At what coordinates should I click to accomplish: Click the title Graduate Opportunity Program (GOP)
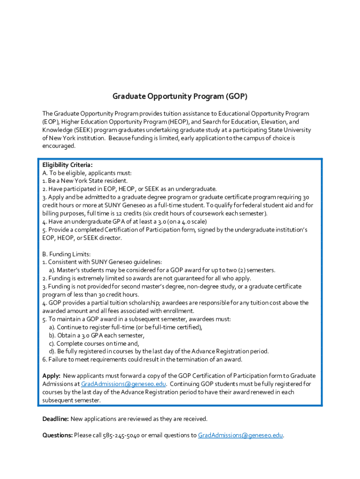point(180,97)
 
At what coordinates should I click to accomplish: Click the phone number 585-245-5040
point(122,435)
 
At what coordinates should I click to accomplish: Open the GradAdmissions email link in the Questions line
point(240,435)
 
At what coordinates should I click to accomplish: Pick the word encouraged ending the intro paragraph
point(58,146)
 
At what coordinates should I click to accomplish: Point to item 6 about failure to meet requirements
point(142,359)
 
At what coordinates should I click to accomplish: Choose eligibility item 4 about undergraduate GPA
point(124,221)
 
